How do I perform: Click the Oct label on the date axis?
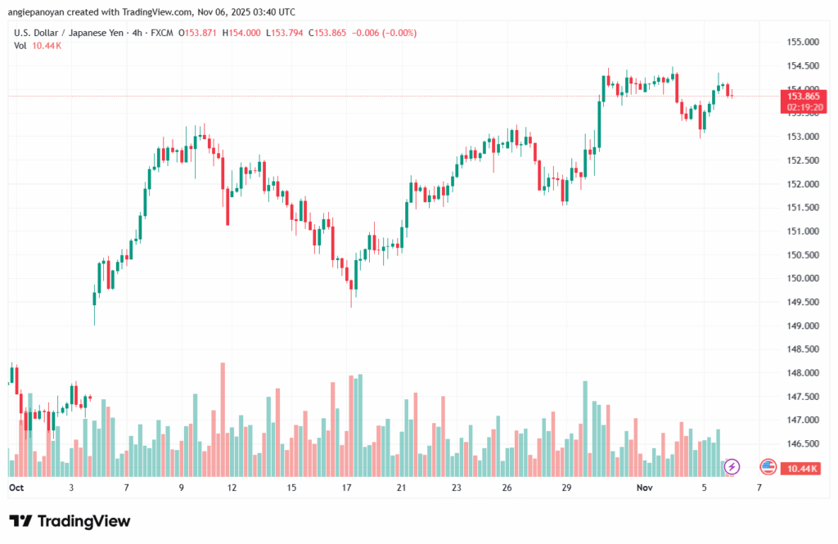(16, 487)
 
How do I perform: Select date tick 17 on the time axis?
(346, 487)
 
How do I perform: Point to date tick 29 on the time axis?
(565, 487)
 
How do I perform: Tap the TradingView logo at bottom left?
(70, 521)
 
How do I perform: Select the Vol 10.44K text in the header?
(37, 45)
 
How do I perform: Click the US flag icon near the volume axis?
(768, 466)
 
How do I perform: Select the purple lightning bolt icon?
(732, 466)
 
